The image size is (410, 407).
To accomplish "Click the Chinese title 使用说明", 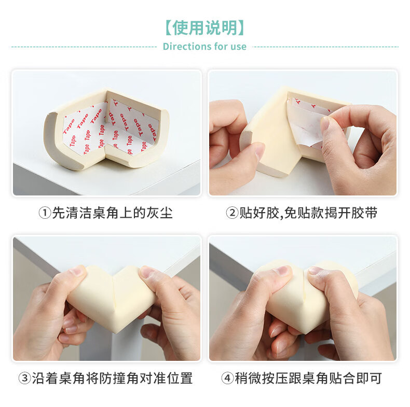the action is pos(204,27).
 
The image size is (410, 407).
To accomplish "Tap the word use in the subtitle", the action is pos(238,47).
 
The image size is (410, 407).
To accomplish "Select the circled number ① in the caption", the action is pos(45,213).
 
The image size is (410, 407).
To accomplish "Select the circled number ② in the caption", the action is pos(232,213).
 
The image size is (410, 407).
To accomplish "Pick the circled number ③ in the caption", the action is pos(25,378).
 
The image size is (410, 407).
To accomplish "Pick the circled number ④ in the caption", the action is pos(227,378).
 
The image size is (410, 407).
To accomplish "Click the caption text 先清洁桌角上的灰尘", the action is pos(113,213).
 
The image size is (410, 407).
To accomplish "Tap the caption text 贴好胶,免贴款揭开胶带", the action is pos(308,213).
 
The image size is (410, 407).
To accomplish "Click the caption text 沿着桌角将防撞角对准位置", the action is pos(113,378).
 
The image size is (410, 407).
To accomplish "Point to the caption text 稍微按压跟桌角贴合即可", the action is pos(308,378).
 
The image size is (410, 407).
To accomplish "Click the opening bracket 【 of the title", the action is pos(169,28).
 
